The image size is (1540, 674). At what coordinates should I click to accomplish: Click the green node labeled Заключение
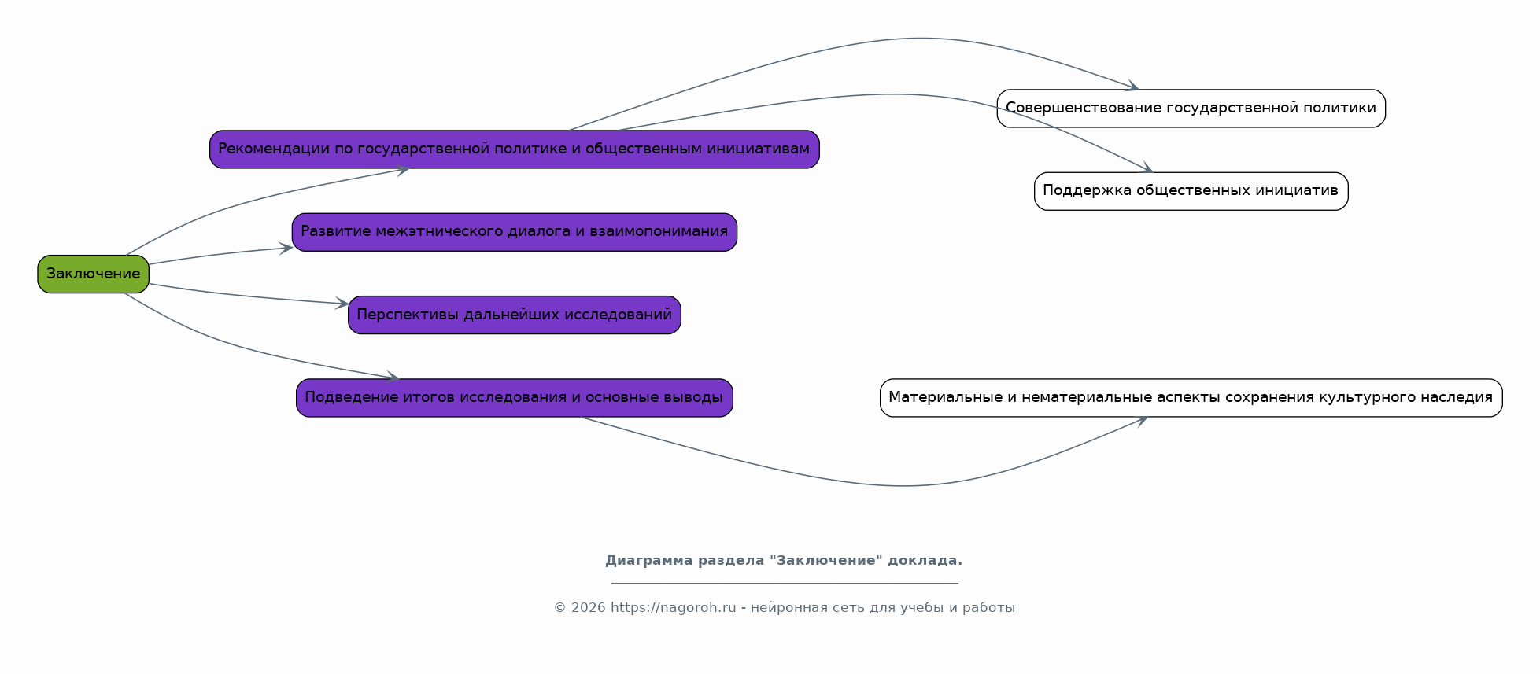click(93, 274)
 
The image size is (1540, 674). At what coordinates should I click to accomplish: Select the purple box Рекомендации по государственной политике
click(514, 149)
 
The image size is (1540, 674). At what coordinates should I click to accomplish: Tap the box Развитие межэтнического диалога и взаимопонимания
click(514, 232)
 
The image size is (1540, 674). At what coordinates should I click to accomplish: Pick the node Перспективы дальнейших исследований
click(514, 315)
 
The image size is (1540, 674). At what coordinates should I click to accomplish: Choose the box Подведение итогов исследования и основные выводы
click(514, 398)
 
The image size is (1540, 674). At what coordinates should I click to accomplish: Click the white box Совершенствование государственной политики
click(1191, 109)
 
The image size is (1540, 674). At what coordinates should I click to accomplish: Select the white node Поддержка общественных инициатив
click(1191, 191)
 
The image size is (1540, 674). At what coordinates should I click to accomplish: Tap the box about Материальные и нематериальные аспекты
click(1191, 398)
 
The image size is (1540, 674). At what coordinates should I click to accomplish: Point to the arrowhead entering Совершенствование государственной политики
click(1133, 87)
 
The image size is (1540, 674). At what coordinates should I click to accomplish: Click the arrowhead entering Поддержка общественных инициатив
click(1147, 168)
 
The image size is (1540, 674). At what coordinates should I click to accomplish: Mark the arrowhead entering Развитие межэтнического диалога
click(286, 249)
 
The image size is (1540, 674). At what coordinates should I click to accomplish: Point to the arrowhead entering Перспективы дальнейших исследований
click(342, 304)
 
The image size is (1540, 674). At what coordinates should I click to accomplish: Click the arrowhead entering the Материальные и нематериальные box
click(1141, 420)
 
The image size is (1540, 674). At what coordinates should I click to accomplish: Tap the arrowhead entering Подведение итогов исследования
click(393, 378)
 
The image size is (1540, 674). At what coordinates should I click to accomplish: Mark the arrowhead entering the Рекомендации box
click(403, 170)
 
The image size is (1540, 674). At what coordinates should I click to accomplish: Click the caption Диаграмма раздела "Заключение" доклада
click(783, 561)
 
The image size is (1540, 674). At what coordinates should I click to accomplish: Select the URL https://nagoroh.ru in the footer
click(673, 608)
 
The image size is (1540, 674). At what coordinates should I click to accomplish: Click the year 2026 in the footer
click(588, 608)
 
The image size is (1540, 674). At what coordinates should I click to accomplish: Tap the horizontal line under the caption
click(784, 584)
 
